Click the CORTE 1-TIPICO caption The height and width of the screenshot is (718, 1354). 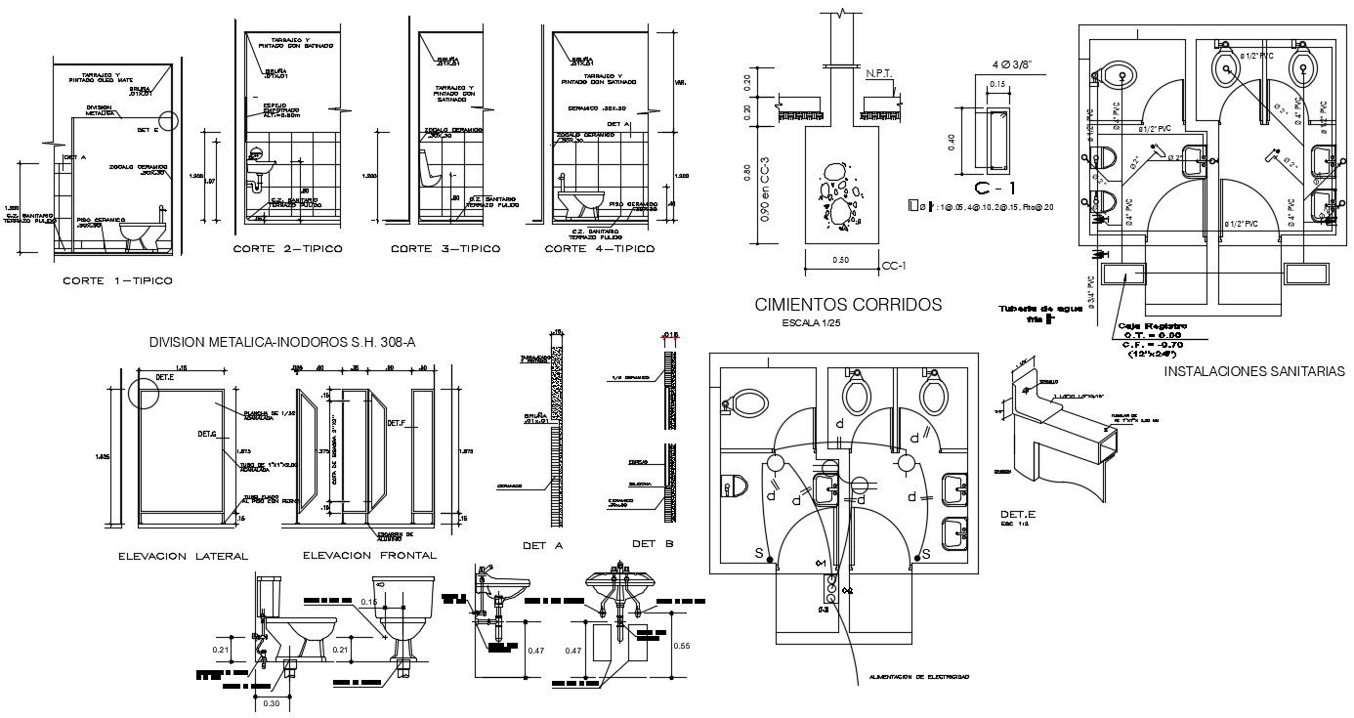(117, 281)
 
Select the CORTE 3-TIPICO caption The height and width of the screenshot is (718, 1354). (445, 249)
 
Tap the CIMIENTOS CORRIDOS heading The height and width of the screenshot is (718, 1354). (848, 305)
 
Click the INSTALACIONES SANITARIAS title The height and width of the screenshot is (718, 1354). (1254, 371)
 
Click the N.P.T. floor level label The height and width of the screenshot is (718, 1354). (880, 73)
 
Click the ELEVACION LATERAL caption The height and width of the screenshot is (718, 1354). (183, 555)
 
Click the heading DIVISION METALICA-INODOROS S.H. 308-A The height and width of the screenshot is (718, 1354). (282, 342)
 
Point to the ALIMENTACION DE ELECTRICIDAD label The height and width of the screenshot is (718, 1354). (918, 676)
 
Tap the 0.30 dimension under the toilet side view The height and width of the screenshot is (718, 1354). (274, 702)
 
